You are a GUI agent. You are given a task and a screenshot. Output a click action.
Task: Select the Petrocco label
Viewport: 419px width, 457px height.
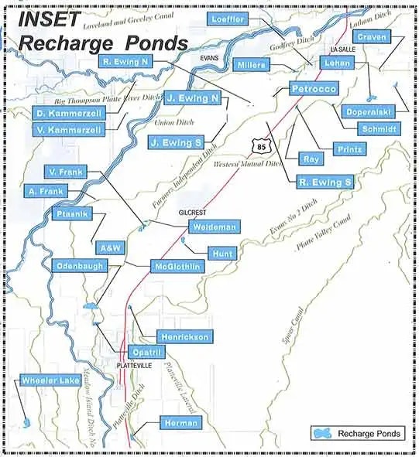314,90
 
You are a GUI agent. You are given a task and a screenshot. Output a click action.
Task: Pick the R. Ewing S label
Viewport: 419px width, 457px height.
325,182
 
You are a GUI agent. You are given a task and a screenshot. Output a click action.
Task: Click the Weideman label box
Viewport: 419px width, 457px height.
215,227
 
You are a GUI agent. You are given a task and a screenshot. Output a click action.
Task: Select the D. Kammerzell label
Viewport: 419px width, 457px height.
69,114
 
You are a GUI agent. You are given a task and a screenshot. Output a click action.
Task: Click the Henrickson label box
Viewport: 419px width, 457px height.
183,337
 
